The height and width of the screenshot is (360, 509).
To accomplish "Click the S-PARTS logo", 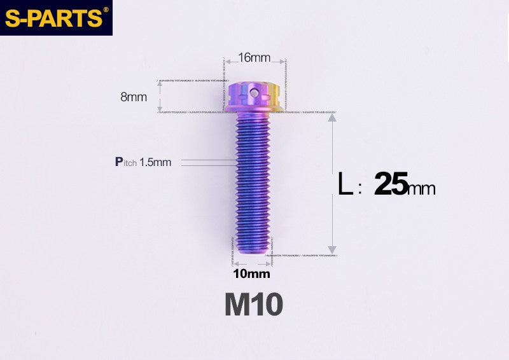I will coord(54,17).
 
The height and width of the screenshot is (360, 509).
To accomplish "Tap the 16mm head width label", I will coord(254,58).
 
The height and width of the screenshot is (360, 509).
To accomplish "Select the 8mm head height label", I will coord(134,97).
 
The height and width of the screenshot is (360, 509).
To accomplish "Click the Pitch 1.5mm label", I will coord(143,162).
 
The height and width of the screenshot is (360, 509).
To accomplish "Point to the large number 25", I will coord(391,184).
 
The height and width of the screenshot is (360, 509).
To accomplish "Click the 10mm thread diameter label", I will coord(251,274).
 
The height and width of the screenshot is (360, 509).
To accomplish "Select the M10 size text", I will coord(253,305).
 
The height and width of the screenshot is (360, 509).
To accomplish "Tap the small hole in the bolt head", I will coord(254,93).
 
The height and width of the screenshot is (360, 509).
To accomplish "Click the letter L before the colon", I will coord(345,185).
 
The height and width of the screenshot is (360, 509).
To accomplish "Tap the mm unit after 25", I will coord(422,189).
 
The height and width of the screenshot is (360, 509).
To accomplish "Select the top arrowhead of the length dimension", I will coord(331,118).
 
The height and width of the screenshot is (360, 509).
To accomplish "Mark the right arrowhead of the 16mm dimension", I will coord(281,62).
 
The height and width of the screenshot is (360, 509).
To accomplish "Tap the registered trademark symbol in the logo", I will coord(106,10).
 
